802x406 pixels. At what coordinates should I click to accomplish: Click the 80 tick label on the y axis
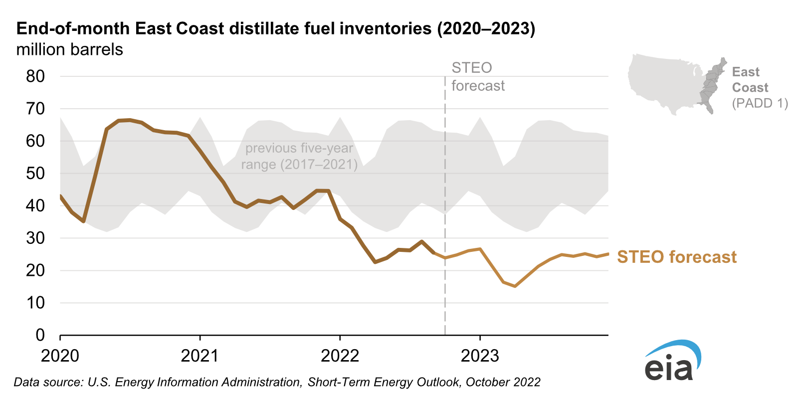click(x=35, y=76)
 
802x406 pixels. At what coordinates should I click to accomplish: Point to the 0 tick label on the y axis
click(x=40, y=335)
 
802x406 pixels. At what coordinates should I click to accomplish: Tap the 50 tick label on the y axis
click(x=35, y=173)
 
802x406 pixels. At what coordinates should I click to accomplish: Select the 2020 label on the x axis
click(x=60, y=356)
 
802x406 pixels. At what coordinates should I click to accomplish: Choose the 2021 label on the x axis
click(x=200, y=356)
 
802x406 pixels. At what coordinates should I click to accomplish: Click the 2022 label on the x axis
click(x=340, y=356)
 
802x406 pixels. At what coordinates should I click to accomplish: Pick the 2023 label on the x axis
click(x=480, y=356)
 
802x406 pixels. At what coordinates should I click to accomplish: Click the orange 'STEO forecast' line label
click(x=676, y=257)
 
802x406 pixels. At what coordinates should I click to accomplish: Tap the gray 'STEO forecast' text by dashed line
click(x=478, y=77)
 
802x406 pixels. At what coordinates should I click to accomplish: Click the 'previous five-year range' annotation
click(x=299, y=156)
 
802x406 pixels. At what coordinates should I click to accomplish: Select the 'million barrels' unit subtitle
click(x=69, y=50)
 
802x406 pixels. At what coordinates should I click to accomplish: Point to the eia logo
click(x=672, y=361)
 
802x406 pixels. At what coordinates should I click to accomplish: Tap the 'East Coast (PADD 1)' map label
click(x=759, y=88)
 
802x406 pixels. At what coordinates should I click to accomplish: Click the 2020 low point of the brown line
click(x=84, y=221)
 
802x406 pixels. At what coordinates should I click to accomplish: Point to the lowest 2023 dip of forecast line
click(x=515, y=286)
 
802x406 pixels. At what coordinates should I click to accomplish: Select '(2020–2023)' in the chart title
click(x=486, y=28)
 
